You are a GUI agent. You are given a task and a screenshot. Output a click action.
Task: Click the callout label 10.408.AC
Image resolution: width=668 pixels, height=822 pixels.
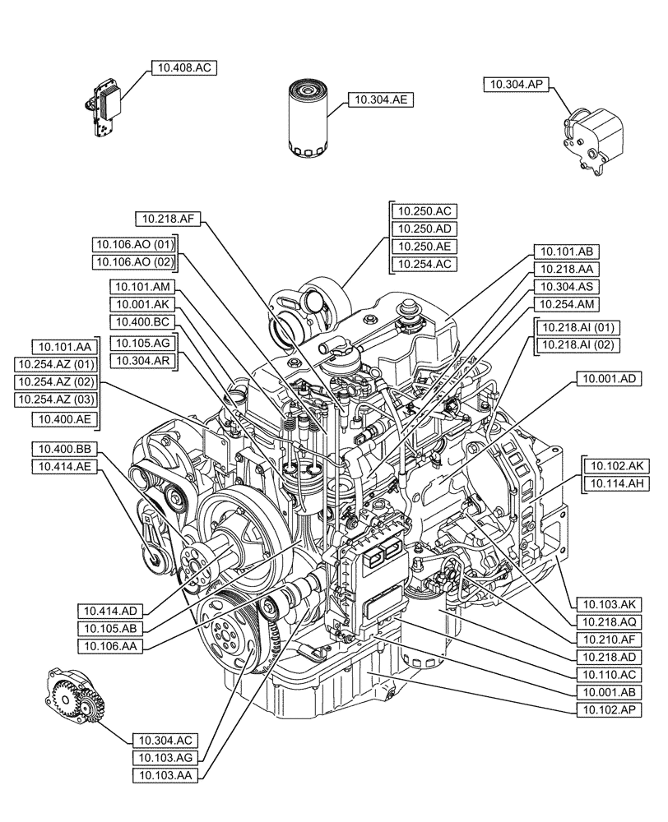pyautogui.click(x=183, y=69)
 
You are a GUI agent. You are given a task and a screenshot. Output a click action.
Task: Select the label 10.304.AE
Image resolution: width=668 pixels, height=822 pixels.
pyautogui.click(x=381, y=99)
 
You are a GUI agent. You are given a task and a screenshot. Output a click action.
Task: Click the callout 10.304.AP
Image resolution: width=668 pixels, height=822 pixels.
pyautogui.click(x=517, y=83)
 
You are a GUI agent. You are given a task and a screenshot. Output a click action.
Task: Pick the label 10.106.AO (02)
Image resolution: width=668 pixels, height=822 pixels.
pyautogui.click(x=135, y=261)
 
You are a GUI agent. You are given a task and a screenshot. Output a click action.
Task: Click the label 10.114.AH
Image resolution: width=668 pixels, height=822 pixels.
pyautogui.click(x=610, y=483)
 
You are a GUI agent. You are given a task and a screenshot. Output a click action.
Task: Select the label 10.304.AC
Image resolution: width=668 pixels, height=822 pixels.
pyautogui.click(x=160, y=741)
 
